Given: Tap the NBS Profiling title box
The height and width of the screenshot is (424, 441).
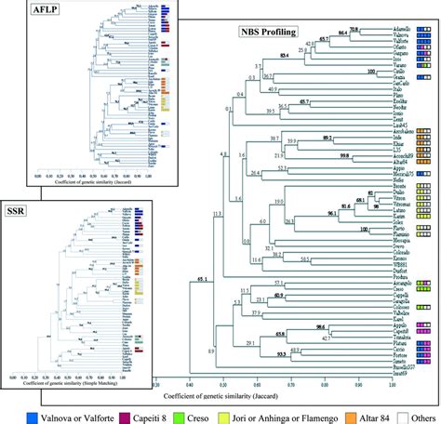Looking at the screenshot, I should [x=267, y=32].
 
